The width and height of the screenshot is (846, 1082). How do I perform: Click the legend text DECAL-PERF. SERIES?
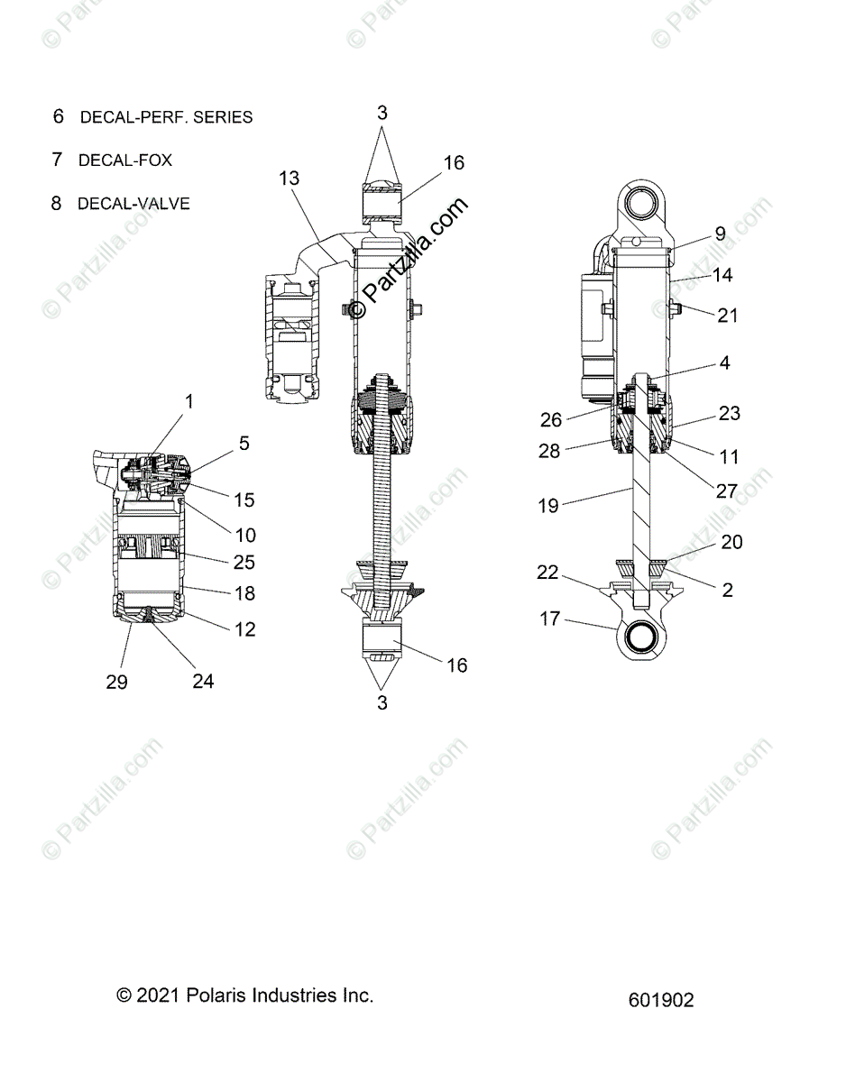pos(166,117)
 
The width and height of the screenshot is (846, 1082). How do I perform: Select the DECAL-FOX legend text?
pos(125,160)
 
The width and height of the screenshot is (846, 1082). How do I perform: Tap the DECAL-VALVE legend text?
pos(133,204)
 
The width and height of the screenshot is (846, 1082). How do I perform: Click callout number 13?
pos(289,179)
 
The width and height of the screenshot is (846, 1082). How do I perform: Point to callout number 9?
pos(720,233)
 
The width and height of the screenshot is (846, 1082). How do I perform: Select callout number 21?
pos(727,316)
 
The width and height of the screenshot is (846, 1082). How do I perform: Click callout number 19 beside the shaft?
pos(547,506)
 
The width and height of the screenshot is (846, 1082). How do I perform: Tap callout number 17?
pos(550,619)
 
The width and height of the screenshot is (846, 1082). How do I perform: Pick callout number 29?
pos(116,682)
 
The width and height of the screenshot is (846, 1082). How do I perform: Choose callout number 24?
pos(203,681)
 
